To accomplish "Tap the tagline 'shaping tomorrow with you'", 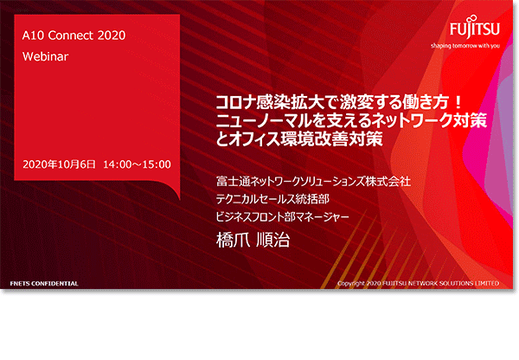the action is point(465,46).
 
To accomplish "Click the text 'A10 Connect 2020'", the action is point(74,35).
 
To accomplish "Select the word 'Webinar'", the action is point(45,56).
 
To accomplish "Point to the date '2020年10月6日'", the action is point(59,164).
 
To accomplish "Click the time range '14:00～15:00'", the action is point(137,164).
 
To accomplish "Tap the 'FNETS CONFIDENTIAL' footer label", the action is point(44,284).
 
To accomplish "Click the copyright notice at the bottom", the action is point(418,284).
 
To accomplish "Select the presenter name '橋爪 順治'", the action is point(253,240).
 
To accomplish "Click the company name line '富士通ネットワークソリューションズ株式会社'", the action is point(313,182).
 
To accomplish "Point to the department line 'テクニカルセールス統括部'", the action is point(272,199).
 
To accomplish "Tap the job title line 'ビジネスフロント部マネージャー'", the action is point(282,216).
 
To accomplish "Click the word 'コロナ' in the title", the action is point(235,103).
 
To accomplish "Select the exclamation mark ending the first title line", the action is point(458,103).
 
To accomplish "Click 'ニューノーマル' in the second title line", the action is point(265,120).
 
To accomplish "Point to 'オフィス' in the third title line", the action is point(254,138).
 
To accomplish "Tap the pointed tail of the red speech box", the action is point(179,199).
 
